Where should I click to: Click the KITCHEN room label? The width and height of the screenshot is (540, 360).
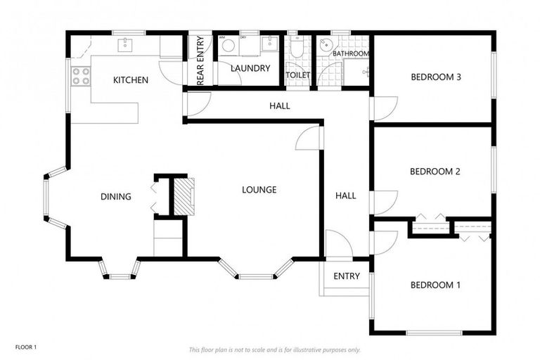(131, 80)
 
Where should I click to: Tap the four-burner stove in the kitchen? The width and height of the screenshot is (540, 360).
(81, 75)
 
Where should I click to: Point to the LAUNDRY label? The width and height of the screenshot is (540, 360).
(250, 68)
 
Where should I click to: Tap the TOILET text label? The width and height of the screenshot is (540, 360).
(298, 75)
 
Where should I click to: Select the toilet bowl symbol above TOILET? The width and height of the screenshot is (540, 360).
(297, 48)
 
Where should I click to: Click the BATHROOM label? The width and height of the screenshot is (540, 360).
(350, 53)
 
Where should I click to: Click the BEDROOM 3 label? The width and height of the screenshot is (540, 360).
(435, 77)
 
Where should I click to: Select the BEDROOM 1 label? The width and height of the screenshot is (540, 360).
(435, 285)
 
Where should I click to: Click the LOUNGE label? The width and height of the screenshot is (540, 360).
(259, 190)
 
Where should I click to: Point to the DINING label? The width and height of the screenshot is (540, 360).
(115, 197)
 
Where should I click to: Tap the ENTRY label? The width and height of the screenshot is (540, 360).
(347, 276)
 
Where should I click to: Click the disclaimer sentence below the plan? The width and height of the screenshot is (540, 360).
(274, 349)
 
